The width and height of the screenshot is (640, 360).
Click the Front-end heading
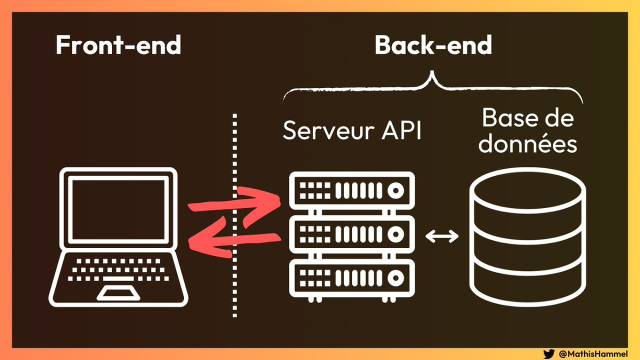[118, 45]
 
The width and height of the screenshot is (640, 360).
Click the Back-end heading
[433, 45]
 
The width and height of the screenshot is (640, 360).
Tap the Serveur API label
[352, 131]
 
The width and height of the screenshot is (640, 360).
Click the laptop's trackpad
[118, 293]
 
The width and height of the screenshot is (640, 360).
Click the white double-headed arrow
[442, 236]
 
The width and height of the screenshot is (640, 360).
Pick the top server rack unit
[352, 190]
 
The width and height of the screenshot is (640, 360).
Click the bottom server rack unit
[352, 276]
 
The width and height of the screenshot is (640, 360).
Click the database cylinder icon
[527, 237]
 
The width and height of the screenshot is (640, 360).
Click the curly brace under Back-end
[433, 85]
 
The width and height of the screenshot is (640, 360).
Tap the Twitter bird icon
[549, 354]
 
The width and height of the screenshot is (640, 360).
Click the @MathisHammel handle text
[593, 354]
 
